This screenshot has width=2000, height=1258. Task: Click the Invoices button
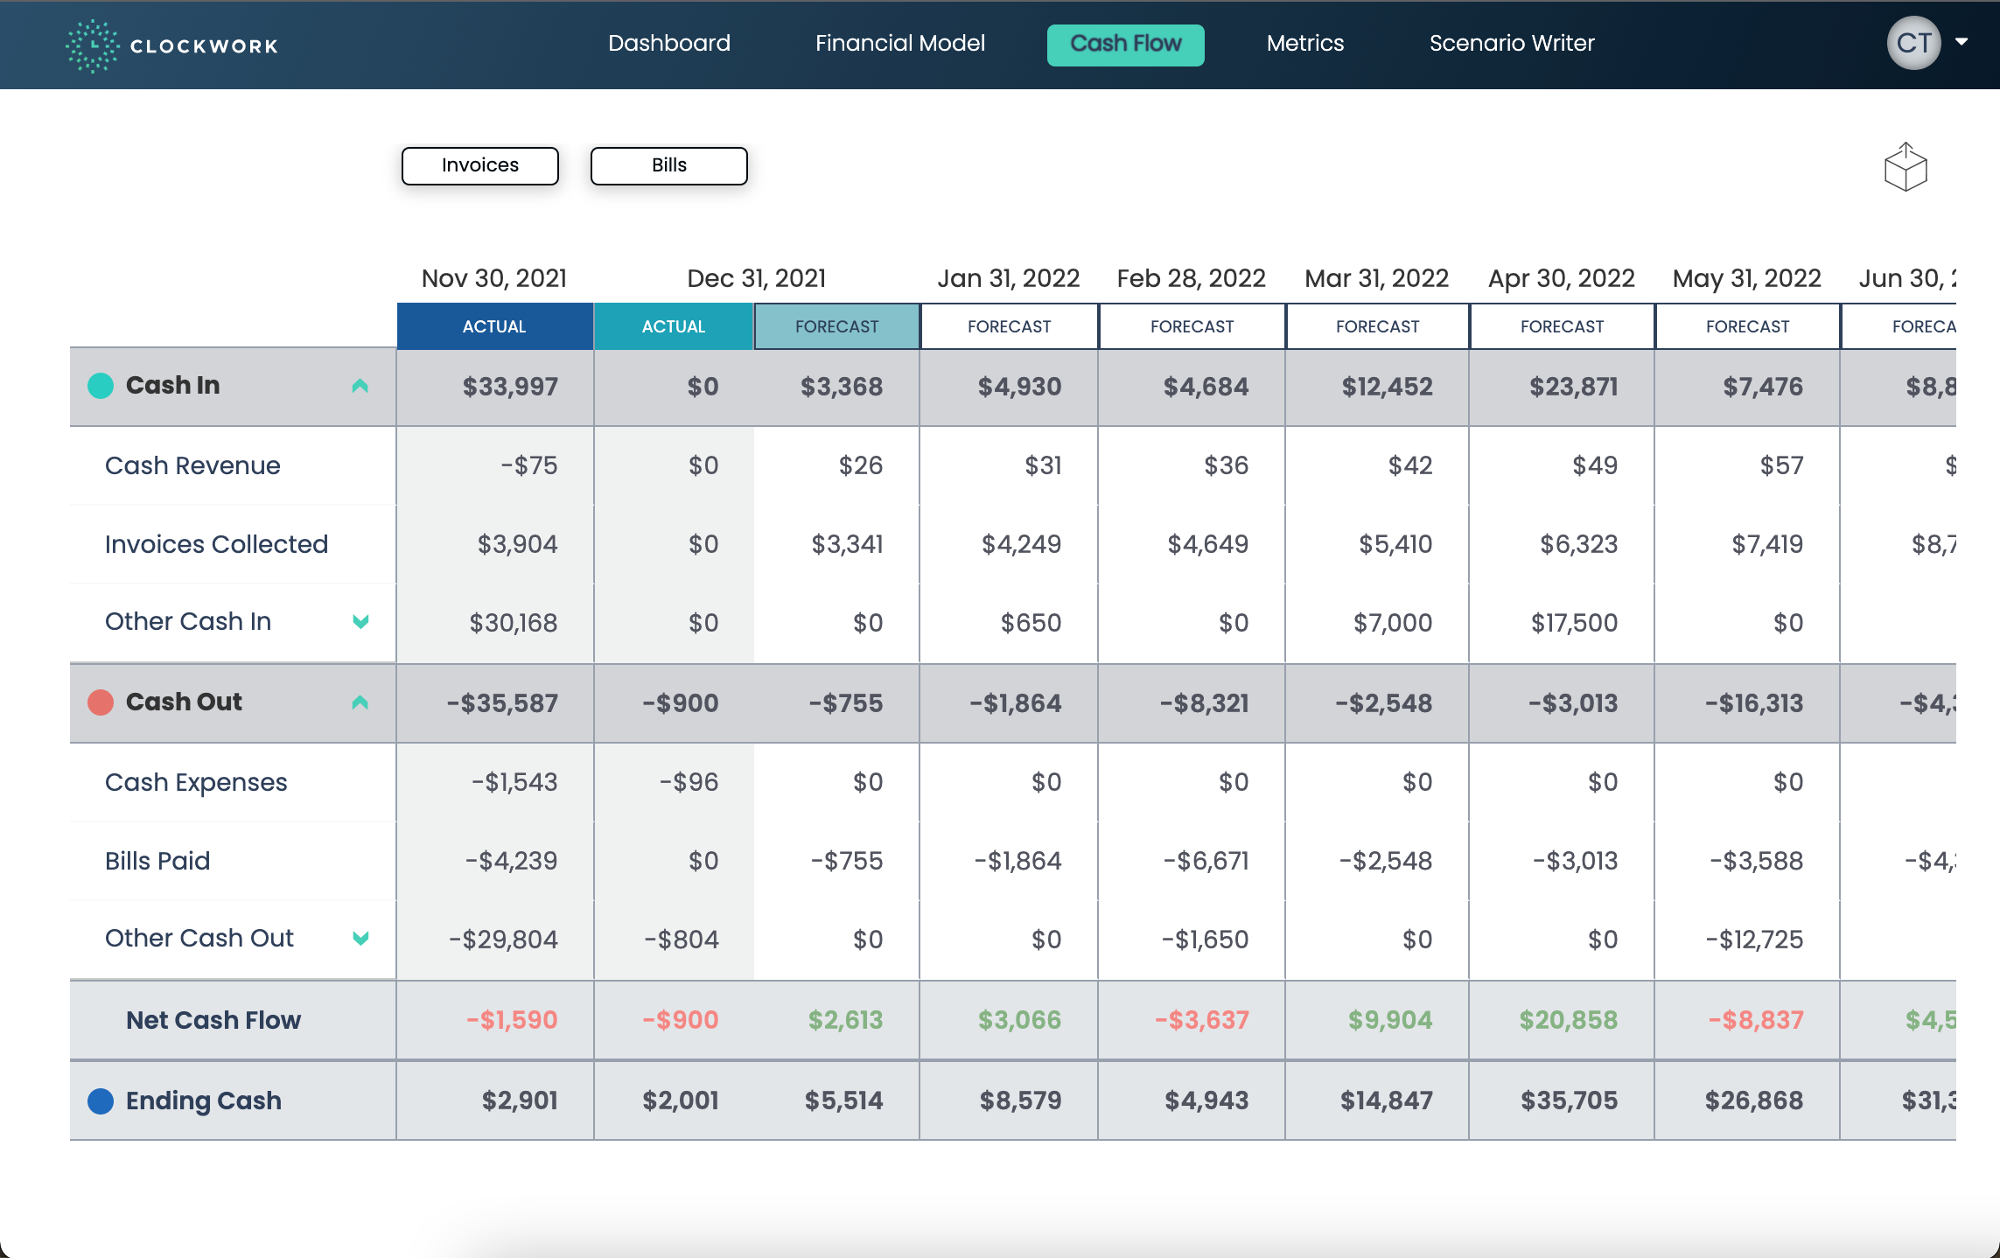(479, 165)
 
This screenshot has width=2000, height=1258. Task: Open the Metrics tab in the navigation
(1304, 43)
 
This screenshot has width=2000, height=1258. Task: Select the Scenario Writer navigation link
(1511, 43)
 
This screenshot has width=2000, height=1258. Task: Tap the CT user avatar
(1913, 43)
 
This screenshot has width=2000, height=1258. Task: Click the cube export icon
(1905, 167)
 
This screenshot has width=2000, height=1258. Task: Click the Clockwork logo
(171, 45)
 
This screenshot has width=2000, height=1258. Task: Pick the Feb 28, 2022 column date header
(1191, 278)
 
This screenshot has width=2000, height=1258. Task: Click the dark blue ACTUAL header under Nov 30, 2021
(494, 326)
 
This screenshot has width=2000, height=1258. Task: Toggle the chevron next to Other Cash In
(360, 621)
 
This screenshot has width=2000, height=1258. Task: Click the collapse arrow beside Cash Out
(360, 702)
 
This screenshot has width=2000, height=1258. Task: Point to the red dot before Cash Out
(101, 702)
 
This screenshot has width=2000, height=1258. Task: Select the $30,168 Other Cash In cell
(513, 623)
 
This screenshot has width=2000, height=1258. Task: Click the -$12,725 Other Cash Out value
(1754, 940)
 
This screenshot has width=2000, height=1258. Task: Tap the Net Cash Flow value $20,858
(1568, 1020)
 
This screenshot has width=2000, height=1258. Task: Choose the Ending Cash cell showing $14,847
(1386, 1101)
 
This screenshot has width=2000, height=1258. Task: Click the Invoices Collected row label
(216, 544)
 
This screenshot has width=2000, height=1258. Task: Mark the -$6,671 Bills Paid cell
(1206, 861)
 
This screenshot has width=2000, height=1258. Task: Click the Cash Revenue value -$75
(528, 465)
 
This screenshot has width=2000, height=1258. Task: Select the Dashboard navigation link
(668, 43)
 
